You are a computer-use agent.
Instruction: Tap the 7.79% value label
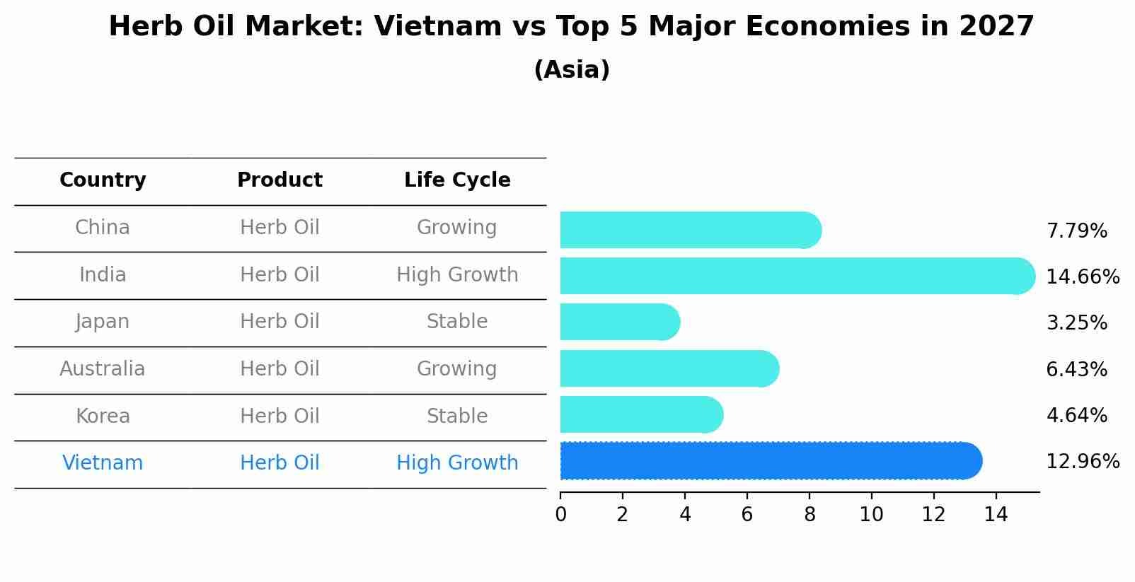(x=1076, y=231)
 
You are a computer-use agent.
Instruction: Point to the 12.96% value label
(x=1082, y=462)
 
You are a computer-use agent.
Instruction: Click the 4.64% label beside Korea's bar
(x=1076, y=415)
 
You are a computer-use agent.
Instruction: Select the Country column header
(x=103, y=180)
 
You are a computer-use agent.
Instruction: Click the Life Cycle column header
(x=457, y=180)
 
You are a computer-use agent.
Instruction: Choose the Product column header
(x=280, y=180)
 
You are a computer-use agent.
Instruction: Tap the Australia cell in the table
(x=103, y=369)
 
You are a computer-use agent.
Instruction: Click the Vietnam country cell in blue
(x=103, y=463)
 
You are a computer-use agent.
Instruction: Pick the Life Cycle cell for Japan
(x=457, y=322)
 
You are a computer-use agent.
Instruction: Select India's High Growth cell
(x=457, y=274)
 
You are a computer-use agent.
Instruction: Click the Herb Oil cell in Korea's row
(x=280, y=416)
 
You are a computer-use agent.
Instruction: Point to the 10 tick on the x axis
(x=871, y=515)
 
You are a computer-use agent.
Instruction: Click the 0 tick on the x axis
(x=560, y=515)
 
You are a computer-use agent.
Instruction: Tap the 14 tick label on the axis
(x=996, y=515)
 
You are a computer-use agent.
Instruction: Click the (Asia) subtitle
(x=572, y=70)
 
